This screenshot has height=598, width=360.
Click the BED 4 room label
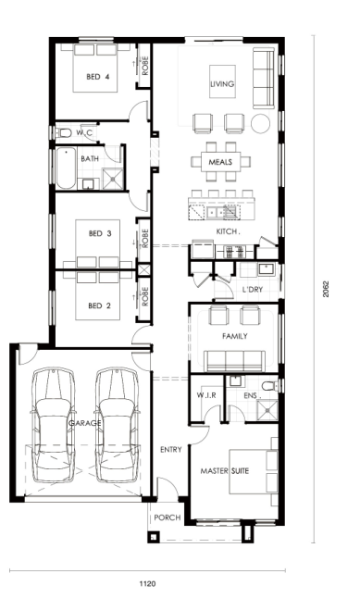tap(98, 77)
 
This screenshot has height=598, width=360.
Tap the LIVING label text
tap(222, 84)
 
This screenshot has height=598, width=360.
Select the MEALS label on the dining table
tap(220, 162)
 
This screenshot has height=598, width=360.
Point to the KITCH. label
tap(228, 231)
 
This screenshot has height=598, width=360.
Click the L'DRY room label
tap(253, 290)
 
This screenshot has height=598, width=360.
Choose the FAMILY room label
tap(235, 336)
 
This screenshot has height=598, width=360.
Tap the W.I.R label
tap(206, 395)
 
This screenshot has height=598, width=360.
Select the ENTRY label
tap(171, 450)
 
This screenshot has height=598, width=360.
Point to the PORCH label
tap(167, 517)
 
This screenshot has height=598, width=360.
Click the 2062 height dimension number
tap(326, 289)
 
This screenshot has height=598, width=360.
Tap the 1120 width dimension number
tap(147, 583)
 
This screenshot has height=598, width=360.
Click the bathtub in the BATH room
tap(66, 168)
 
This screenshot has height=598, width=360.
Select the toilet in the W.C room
tap(63, 133)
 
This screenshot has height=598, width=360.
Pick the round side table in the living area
tap(260, 123)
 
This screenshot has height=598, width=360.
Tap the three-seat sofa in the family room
tap(234, 361)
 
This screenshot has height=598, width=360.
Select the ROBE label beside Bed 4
tap(145, 66)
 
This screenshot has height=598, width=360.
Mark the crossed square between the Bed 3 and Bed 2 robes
tap(144, 270)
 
